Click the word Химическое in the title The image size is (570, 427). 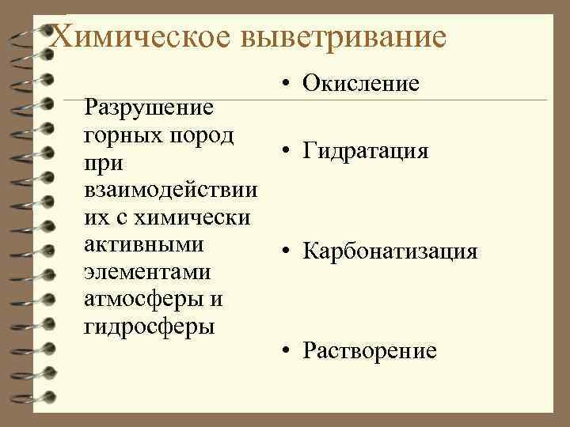pos(144,36)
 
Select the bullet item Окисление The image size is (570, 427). pos(361,83)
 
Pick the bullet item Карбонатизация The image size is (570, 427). pos(390,251)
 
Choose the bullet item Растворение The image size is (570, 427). pos(370,350)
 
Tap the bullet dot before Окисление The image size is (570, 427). pos(283,82)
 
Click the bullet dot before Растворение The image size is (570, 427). pos(283,350)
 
